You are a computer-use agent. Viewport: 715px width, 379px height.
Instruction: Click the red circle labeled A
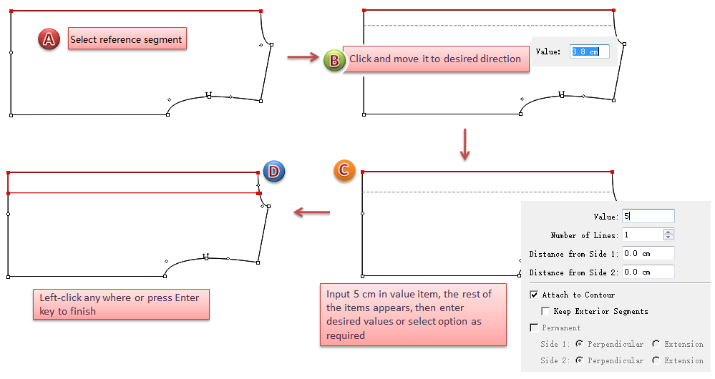pos(49,39)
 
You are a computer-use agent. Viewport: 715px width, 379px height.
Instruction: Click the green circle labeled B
pos(334,60)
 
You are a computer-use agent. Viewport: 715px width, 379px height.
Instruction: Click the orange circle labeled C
pos(344,170)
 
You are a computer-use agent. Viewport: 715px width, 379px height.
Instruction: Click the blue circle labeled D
pos(274,171)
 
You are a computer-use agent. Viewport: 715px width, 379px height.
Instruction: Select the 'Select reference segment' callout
pos(127,39)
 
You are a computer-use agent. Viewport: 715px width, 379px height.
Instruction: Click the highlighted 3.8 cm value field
pos(590,51)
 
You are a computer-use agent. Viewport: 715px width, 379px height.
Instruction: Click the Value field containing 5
pos(648,216)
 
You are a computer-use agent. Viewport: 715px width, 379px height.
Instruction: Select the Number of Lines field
pos(643,235)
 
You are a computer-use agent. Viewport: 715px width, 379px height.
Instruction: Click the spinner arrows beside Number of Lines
pos(668,235)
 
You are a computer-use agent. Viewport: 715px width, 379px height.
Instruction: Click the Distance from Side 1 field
pos(648,253)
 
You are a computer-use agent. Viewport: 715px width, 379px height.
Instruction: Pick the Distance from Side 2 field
pos(648,272)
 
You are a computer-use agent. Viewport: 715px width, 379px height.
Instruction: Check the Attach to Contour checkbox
pos(534,295)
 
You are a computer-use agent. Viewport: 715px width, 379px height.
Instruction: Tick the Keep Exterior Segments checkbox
pos(545,311)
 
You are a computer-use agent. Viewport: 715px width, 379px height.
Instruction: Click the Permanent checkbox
pos(534,328)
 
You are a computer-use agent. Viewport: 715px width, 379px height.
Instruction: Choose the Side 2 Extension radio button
pos(656,360)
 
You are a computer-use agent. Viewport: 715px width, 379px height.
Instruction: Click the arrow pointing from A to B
pos(302,56)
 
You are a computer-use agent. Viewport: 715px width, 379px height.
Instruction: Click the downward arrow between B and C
pos(465,144)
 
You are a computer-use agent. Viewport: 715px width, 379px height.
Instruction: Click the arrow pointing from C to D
pos(312,212)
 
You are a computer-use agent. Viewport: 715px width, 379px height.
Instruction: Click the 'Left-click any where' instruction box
pos(121,304)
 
